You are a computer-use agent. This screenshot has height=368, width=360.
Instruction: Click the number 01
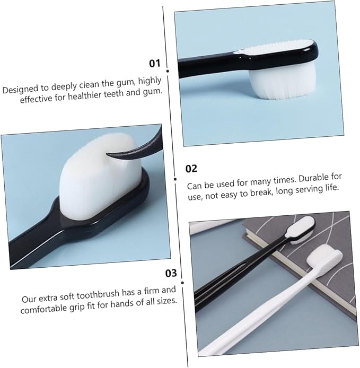[x=154, y=63]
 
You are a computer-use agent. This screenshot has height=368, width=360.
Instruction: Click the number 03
[x=170, y=274]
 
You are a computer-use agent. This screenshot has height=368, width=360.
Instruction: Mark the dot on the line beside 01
[x=168, y=70]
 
